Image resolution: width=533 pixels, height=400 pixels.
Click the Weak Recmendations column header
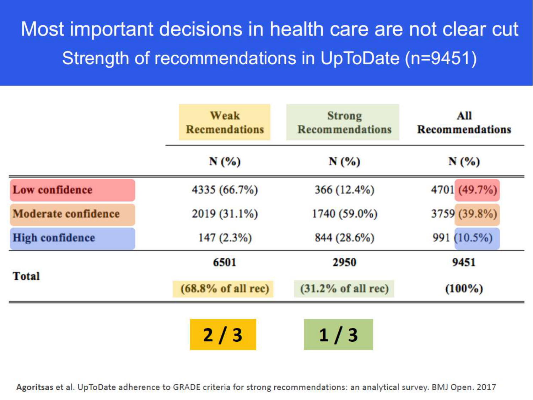click(225, 122)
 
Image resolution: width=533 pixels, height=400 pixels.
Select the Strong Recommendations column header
click(343, 122)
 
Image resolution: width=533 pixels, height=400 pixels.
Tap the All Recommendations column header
click(464, 122)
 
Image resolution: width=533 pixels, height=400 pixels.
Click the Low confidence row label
click(72, 190)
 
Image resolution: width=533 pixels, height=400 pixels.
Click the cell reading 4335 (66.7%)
click(225, 190)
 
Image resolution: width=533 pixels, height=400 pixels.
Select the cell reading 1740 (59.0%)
click(345, 214)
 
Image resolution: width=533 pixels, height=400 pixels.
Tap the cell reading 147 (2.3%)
click(225, 238)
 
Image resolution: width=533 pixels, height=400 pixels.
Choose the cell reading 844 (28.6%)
click(345, 238)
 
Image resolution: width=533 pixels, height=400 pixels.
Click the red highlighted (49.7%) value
click(477, 190)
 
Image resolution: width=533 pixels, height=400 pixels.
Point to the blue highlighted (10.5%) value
click(477, 238)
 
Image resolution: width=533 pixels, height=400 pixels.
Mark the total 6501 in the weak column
click(225, 262)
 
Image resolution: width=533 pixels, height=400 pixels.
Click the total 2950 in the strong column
click(344, 262)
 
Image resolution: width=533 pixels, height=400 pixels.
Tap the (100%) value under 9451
click(464, 289)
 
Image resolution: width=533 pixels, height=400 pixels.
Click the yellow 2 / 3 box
click(223, 335)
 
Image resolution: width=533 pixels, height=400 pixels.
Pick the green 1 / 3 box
click(338, 335)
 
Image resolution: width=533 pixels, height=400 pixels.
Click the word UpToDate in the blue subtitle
click(360, 58)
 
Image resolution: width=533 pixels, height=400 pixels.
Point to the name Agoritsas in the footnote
click(34, 387)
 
